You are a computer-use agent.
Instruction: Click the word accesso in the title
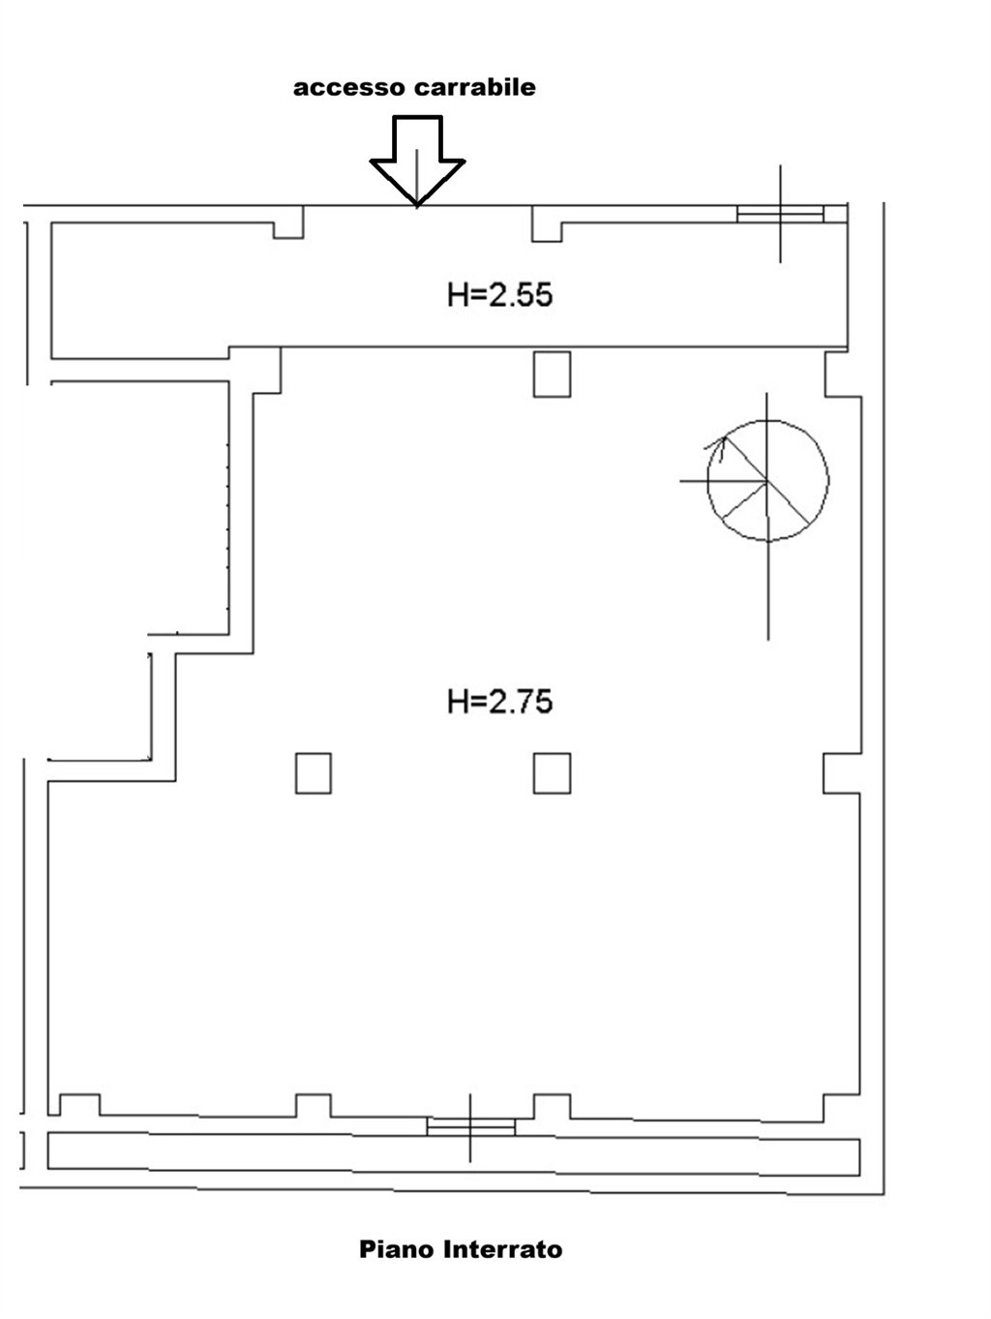[349, 88]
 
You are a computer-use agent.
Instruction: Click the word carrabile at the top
[475, 87]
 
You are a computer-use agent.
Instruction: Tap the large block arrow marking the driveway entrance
[417, 161]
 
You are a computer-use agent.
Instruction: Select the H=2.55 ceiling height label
[499, 295]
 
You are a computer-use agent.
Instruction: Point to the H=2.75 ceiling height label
[499, 702]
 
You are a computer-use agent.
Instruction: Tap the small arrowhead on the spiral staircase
[718, 443]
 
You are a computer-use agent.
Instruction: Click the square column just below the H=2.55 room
[552, 375]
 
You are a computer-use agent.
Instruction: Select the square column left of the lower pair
[314, 773]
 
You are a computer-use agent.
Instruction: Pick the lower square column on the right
[552, 773]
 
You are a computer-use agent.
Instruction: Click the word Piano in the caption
[396, 1249]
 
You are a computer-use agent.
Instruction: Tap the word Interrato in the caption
[503, 1249]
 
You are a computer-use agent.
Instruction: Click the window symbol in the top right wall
[780, 214]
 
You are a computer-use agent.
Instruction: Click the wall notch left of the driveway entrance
[288, 223]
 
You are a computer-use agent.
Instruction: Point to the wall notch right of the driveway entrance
[546, 225]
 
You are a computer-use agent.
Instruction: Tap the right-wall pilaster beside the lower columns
[841, 773]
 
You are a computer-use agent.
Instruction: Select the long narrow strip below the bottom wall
[454, 1154]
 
